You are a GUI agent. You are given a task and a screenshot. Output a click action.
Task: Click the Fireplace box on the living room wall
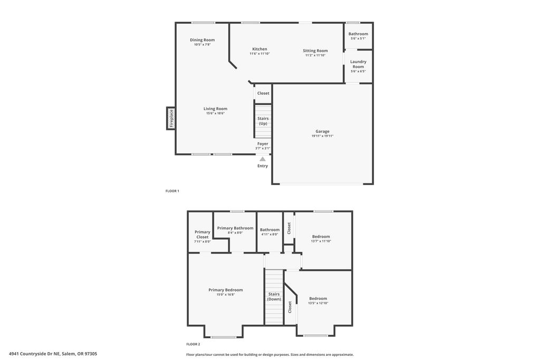click(171, 119)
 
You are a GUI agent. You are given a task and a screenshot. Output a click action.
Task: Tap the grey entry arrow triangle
click(263, 159)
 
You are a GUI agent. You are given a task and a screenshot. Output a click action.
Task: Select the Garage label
click(322, 131)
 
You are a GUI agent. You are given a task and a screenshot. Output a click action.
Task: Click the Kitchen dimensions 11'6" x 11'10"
click(259, 54)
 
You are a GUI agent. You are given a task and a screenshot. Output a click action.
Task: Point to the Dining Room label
click(202, 40)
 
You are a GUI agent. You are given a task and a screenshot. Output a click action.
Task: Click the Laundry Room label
click(358, 64)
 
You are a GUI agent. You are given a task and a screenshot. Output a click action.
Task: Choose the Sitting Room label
click(315, 51)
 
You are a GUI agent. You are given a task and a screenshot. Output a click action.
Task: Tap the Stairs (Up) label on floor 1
click(263, 121)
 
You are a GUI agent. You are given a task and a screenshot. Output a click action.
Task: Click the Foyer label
click(263, 143)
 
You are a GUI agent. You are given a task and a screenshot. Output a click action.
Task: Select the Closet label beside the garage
click(263, 93)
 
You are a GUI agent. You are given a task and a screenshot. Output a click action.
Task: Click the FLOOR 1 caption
click(172, 191)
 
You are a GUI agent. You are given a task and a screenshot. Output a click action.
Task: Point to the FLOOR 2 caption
click(193, 344)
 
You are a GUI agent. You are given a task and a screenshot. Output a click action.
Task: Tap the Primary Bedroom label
click(226, 290)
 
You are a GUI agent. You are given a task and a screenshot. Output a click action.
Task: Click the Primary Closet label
click(202, 235)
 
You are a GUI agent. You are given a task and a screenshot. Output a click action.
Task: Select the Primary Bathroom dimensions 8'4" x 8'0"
click(235, 232)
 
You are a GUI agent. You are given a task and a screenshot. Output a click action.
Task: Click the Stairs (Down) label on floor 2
click(274, 297)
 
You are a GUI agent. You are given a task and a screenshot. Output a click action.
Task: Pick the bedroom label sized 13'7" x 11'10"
click(321, 237)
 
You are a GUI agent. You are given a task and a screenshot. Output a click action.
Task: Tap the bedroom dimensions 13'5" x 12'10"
click(318, 303)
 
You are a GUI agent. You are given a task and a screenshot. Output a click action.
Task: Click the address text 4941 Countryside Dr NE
click(35, 354)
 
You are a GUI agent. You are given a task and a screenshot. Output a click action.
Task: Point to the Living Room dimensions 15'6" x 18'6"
click(215, 113)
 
